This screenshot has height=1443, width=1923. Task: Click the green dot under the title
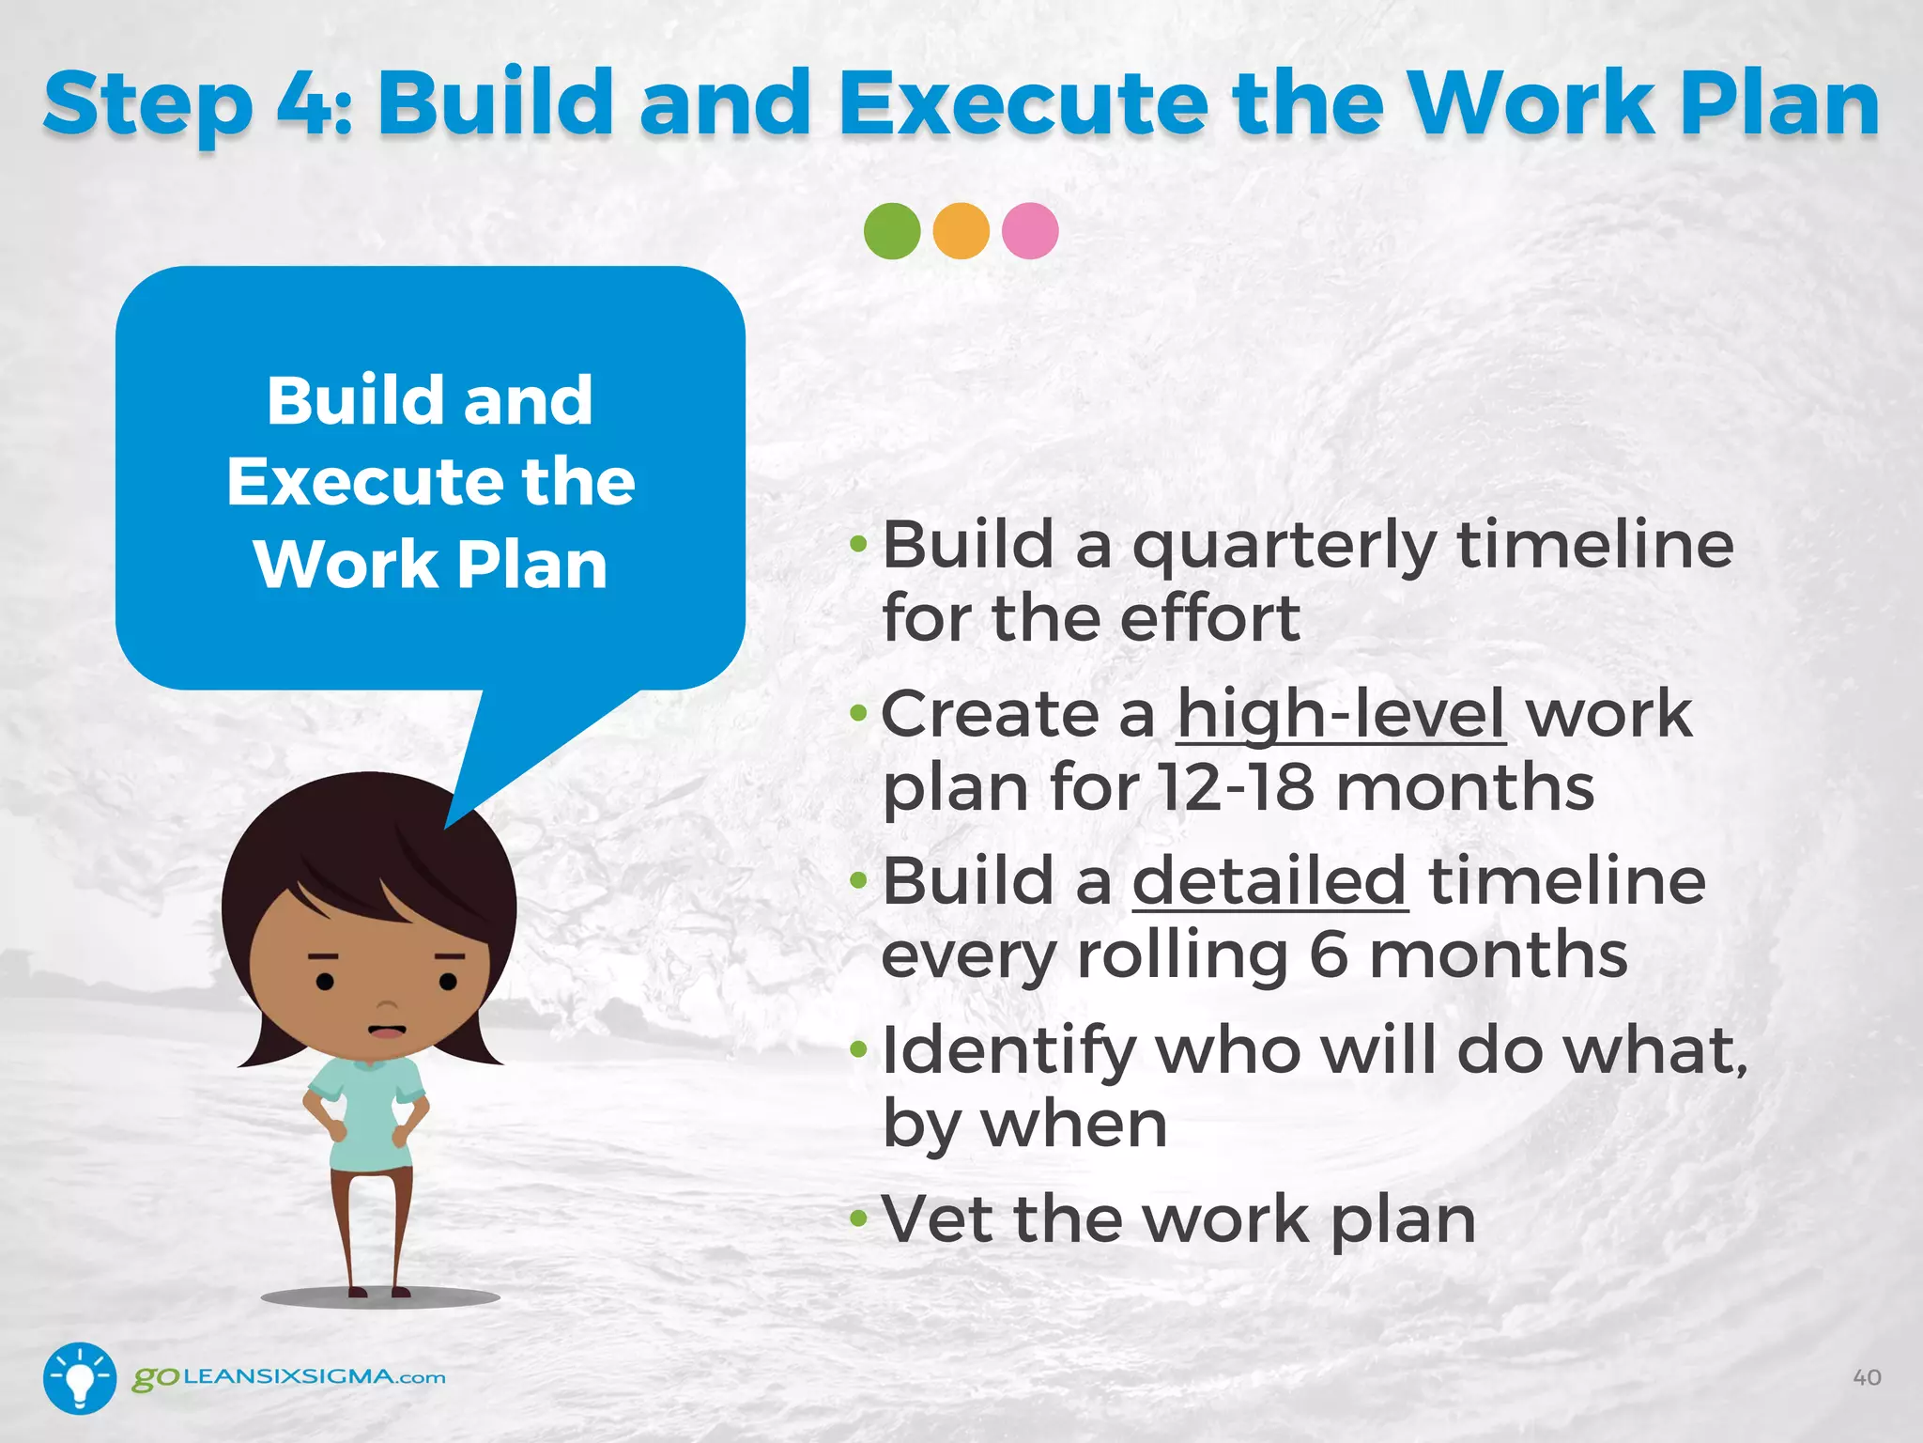891,231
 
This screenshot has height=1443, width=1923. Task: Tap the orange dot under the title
961,231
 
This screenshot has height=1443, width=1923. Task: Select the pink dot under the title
1030,231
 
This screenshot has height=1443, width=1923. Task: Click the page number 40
1867,1377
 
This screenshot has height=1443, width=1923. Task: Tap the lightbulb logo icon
80,1377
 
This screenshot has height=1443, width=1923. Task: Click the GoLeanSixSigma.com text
289,1377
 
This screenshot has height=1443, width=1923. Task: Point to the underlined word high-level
1341,714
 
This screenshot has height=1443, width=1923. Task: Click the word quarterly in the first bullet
1284,547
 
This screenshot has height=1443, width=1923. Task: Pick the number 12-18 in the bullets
1235,786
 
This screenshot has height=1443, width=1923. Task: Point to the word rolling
1182,955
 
